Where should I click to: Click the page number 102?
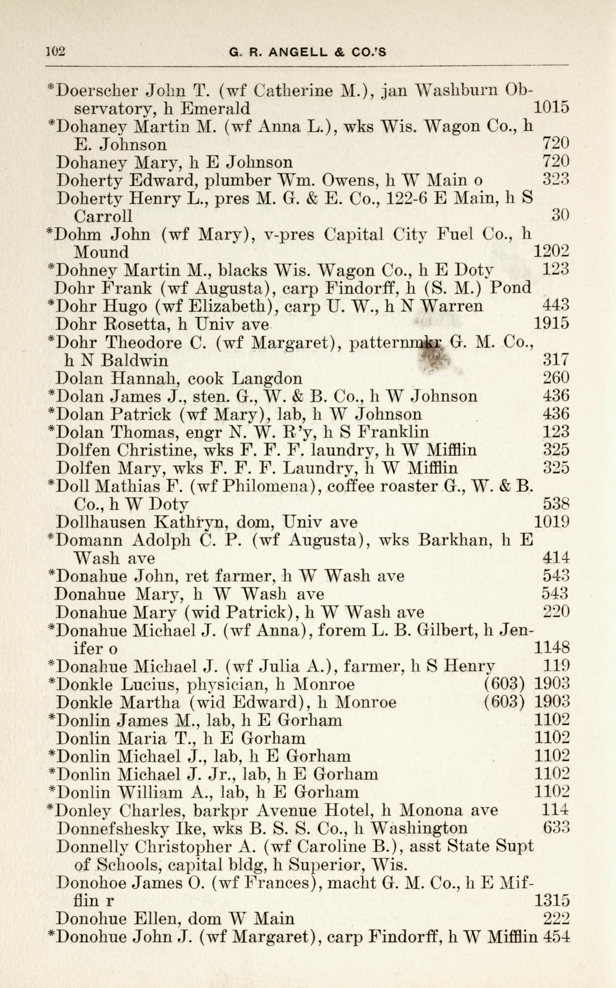pos(56,52)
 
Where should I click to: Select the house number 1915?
pos(551,324)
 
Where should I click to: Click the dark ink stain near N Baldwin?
pos(434,358)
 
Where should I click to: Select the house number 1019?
pos(551,522)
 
